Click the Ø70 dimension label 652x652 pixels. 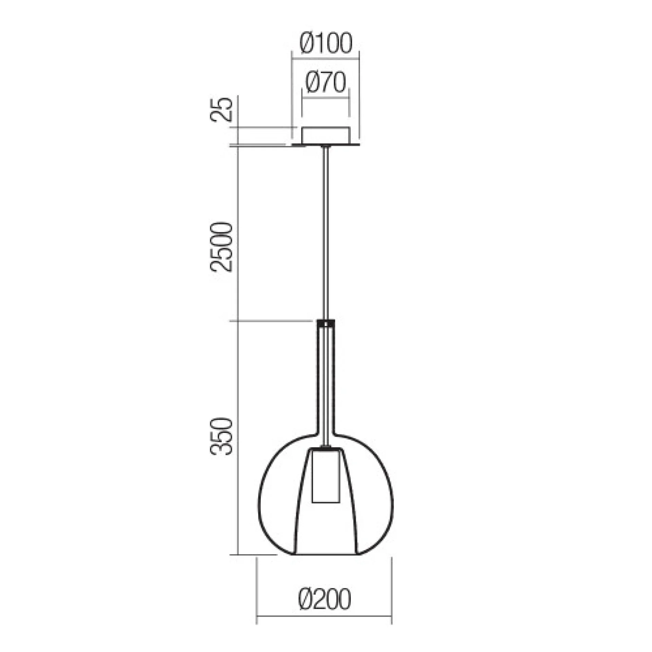click(x=326, y=83)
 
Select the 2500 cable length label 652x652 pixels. click(x=222, y=247)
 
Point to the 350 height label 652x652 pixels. click(x=222, y=436)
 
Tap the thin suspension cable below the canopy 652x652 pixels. click(x=326, y=233)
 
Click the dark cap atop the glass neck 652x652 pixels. click(x=326, y=323)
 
